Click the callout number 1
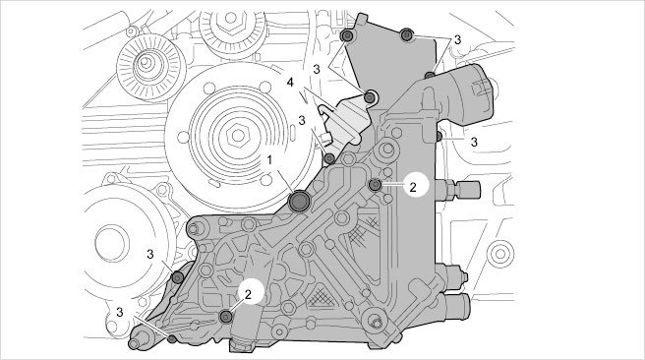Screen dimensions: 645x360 click(x=269, y=160)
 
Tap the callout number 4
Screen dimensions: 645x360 click(x=290, y=83)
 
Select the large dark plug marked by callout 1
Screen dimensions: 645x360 click(x=299, y=202)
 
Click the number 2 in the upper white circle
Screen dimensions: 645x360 click(x=413, y=187)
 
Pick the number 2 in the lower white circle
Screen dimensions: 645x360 click(x=248, y=294)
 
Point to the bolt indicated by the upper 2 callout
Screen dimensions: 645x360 click(x=375, y=185)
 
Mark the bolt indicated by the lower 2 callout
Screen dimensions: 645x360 click(x=226, y=317)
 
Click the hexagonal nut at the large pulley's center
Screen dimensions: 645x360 click(x=238, y=134)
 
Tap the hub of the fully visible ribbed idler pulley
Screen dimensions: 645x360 click(x=146, y=63)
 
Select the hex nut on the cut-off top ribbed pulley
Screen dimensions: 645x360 click(x=231, y=20)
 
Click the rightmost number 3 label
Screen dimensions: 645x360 click(x=474, y=142)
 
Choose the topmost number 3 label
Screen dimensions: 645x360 click(x=457, y=40)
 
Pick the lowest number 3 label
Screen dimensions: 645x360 click(x=119, y=312)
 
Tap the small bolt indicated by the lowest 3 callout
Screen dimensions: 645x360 click(x=172, y=339)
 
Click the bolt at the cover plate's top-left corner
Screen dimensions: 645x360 click(x=347, y=35)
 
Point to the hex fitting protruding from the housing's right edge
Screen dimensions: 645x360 click(x=457, y=190)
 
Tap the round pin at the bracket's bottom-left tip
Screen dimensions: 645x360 click(x=135, y=343)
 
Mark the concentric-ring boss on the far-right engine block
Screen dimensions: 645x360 click(x=499, y=254)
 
